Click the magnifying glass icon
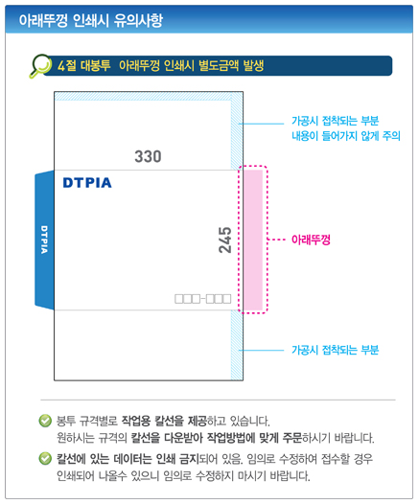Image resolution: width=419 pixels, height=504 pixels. click(x=40, y=65)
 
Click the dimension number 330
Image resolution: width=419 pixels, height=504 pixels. click(x=148, y=157)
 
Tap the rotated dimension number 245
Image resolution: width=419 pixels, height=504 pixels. click(x=225, y=240)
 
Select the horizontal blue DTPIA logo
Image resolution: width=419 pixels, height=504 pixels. click(x=87, y=183)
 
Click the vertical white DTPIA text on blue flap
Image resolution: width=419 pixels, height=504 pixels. click(x=44, y=240)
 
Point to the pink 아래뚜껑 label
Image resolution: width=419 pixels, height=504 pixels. click(x=311, y=240)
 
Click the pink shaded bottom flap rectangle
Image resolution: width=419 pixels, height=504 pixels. click(x=253, y=241)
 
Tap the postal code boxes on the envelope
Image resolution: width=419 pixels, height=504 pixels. click(x=203, y=299)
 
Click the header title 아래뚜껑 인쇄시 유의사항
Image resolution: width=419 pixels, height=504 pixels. click(x=91, y=20)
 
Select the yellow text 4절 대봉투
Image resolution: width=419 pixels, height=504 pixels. click(x=84, y=65)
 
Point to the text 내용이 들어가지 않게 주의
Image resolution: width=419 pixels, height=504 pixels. click(x=346, y=136)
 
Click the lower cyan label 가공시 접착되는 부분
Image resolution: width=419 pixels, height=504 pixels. click(x=335, y=350)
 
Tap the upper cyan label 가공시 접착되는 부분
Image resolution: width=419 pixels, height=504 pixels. click(x=335, y=121)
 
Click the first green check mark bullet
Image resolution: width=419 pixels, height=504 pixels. click(x=45, y=421)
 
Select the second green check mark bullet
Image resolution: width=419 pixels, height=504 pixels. click(x=45, y=459)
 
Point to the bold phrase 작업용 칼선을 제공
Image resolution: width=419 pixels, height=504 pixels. click(x=164, y=421)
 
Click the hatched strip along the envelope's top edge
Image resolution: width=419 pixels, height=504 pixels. click(x=143, y=96)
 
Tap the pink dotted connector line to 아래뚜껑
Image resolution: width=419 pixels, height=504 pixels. click(x=276, y=240)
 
